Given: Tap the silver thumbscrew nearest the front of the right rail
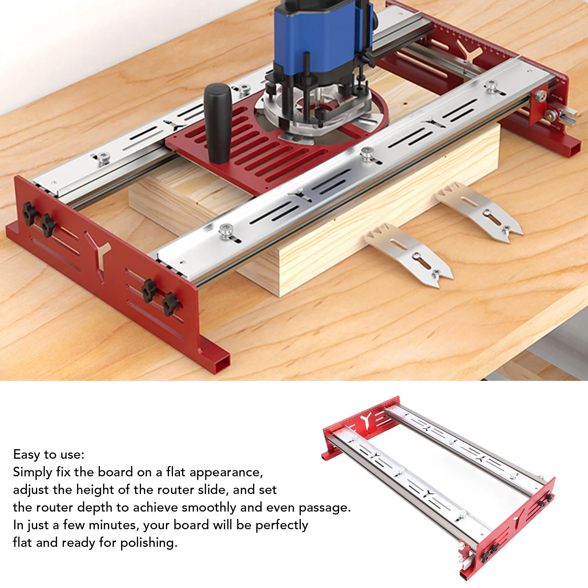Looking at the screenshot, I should tap(226, 231).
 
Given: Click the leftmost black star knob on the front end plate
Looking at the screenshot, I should tap(29, 213).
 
